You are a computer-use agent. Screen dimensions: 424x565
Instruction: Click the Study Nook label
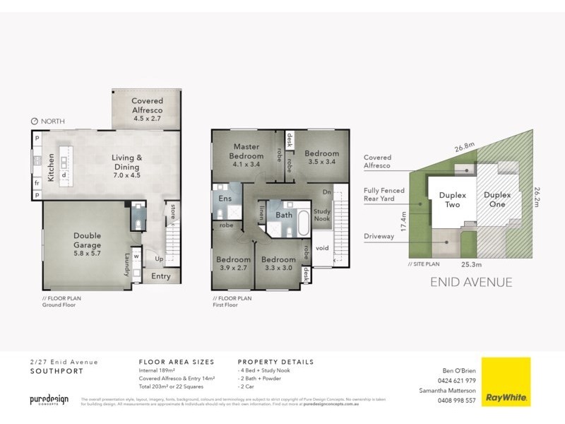(322, 215)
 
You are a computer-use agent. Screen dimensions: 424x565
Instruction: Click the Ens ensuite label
(225, 199)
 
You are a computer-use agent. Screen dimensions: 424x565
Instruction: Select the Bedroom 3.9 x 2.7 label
(233, 264)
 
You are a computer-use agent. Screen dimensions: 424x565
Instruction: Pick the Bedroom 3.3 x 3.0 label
(277, 264)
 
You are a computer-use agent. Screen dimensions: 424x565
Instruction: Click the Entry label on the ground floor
(161, 276)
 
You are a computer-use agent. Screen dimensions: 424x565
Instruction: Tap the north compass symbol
(35, 122)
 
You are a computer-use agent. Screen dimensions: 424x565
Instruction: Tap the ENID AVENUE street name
(470, 283)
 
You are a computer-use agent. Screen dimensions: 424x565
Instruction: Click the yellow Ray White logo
(506, 382)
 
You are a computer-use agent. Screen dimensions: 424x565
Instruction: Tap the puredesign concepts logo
(49, 400)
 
